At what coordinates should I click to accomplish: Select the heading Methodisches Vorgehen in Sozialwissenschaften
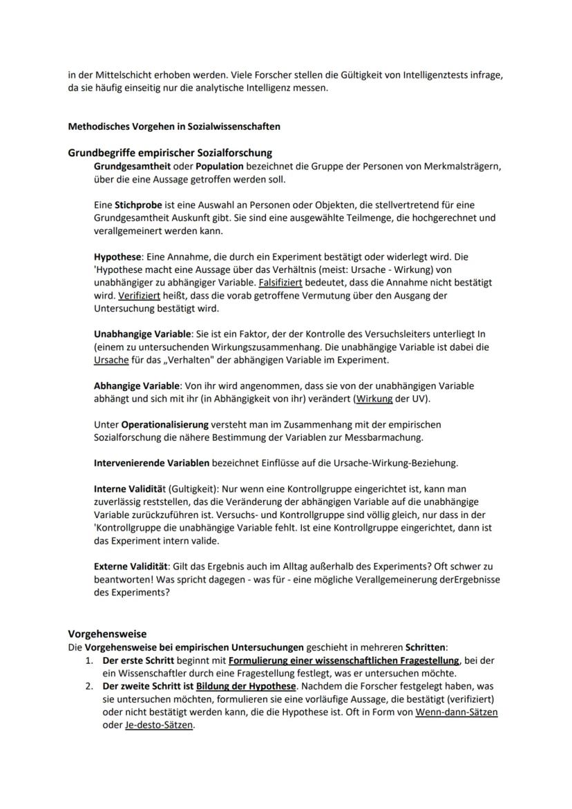173,126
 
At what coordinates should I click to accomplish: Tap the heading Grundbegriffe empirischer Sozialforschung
169,153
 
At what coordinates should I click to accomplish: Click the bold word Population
219,166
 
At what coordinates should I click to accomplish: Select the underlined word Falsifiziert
283,283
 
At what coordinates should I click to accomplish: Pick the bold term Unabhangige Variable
142,334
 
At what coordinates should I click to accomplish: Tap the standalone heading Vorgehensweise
107,634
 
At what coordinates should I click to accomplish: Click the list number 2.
89,686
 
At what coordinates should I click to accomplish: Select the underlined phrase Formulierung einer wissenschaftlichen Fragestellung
344,660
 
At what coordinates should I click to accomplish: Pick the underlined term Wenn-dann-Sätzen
457,712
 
